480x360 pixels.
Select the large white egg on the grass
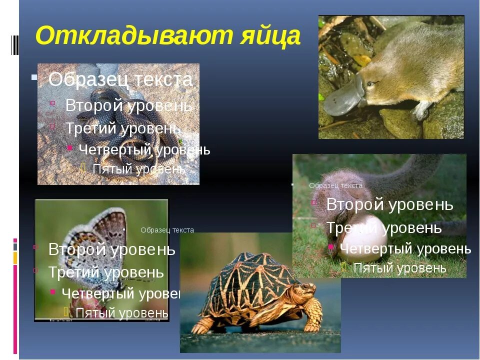point(362,235)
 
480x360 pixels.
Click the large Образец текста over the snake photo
point(120,79)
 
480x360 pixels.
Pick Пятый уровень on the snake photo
point(139,169)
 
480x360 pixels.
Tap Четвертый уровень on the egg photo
point(405,248)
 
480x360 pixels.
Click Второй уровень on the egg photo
point(389,204)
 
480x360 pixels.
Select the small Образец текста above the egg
point(335,185)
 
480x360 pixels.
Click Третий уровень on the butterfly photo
point(105,272)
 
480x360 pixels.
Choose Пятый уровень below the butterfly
point(121,312)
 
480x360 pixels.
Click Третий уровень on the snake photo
point(123,128)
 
